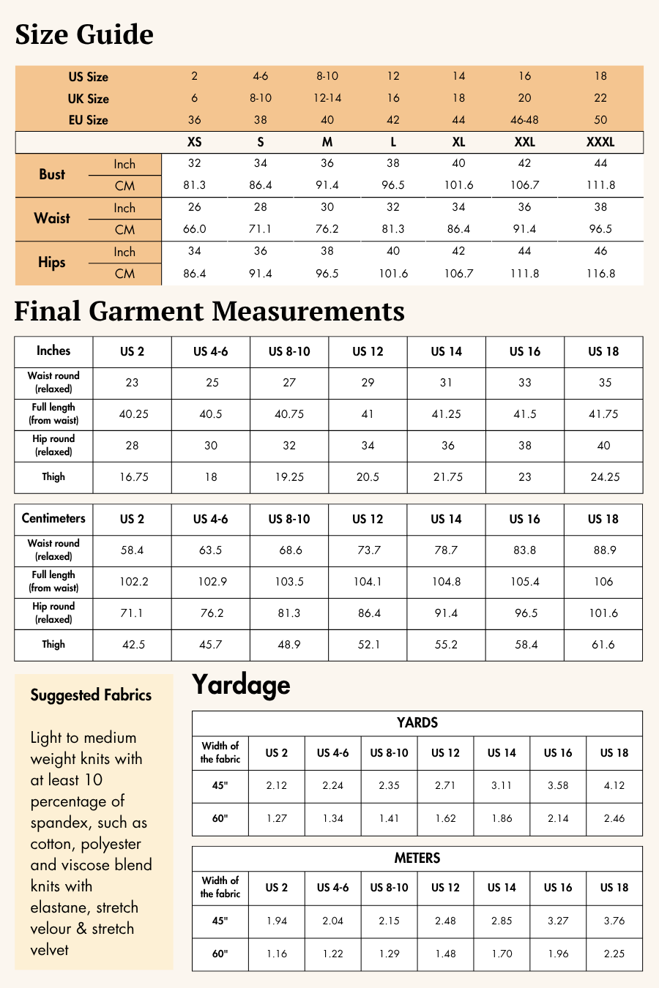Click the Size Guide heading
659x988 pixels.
pos(84,34)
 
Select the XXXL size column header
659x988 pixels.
pos(600,142)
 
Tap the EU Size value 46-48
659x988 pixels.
pos(524,120)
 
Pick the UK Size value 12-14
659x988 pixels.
pos(327,98)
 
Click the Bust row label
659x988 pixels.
pos(52,175)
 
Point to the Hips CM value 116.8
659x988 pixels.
pos(600,274)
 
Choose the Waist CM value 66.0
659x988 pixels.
pos(194,229)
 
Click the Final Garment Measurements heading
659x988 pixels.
pos(209,311)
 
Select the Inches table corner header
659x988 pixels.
pos(53,351)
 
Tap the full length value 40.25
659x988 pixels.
pos(133,414)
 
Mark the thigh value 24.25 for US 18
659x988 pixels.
pos(605,477)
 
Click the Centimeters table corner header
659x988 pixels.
pos(53,519)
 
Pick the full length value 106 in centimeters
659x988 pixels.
pos(603,582)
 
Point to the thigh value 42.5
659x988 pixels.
pos(133,645)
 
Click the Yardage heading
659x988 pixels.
pos(241,685)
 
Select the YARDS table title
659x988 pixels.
pos(417,723)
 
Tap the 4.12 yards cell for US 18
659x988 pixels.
pos(614,786)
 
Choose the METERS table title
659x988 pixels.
pos(417,858)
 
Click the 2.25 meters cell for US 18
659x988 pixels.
pos(614,954)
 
